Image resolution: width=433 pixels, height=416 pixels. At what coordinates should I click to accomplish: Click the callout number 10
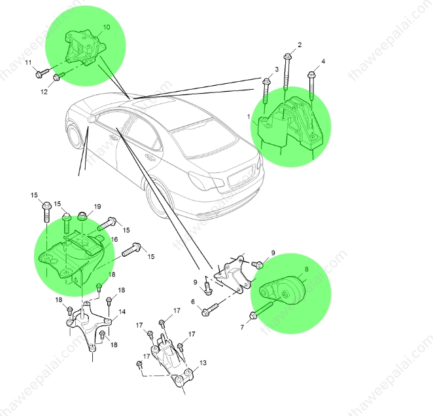(x=107, y=27)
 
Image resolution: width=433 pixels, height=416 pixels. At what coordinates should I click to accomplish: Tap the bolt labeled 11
(x=42, y=73)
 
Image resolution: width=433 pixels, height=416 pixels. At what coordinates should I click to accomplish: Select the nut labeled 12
(x=58, y=76)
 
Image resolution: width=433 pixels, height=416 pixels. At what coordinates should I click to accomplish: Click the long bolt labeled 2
(x=287, y=71)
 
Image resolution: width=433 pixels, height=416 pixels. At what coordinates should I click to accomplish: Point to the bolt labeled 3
(x=266, y=91)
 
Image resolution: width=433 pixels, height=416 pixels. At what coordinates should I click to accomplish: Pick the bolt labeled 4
(x=312, y=86)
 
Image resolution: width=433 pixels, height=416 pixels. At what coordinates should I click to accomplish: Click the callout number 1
(x=249, y=117)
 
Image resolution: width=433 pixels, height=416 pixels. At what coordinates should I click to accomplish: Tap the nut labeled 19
(x=82, y=216)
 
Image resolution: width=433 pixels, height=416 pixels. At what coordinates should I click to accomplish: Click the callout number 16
(x=114, y=239)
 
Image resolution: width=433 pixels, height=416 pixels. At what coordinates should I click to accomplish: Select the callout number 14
(x=122, y=312)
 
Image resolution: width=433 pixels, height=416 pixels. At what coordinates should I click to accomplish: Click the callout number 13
(x=203, y=363)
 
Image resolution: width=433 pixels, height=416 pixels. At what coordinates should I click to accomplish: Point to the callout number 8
(x=306, y=269)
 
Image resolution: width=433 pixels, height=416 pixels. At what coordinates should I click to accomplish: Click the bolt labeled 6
(x=211, y=309)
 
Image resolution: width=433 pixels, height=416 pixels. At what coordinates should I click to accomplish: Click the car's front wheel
(x=75, y=139)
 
